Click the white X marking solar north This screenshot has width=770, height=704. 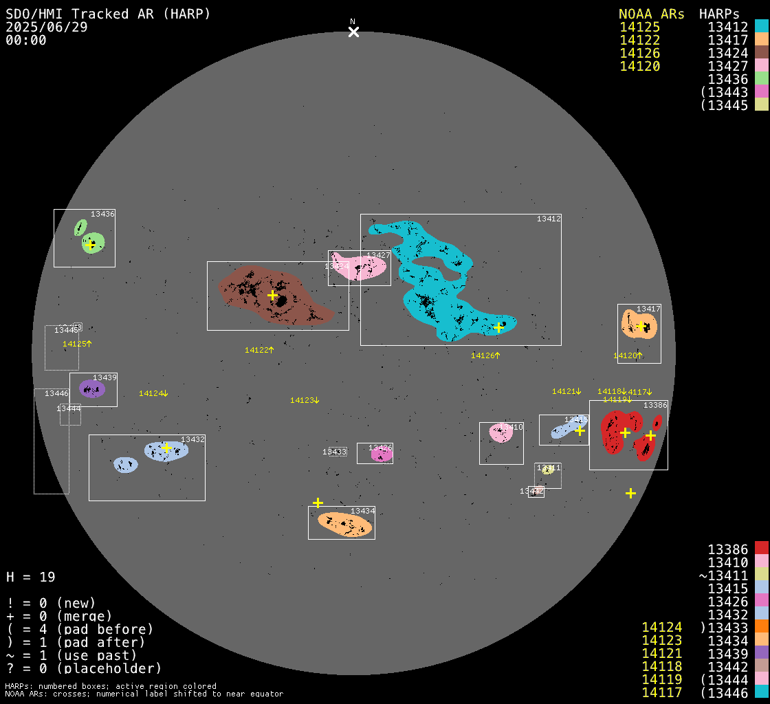click(353, 32)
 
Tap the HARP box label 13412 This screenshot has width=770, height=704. click(549, 219)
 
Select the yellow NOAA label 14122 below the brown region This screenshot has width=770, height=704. click(259, 350)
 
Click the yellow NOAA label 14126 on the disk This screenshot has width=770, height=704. click(485, 355)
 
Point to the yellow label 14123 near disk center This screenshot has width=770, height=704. click(305, 400)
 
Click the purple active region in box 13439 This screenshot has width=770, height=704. click(91, 389)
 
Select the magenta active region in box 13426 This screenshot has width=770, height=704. click(381, 454)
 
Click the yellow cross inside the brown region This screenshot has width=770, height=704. click(272, 296)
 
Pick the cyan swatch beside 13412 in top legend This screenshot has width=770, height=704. click(761, 27)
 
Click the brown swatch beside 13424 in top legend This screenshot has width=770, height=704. click(761, 53)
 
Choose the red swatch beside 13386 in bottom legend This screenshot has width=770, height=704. click(761, 549)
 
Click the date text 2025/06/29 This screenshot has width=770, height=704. click(47, 27)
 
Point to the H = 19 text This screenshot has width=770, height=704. click(31, 577)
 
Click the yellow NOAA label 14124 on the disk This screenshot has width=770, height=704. click(153, 393)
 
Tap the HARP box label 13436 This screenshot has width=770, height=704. click(102, 214)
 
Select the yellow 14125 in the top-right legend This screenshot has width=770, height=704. click(639, 27)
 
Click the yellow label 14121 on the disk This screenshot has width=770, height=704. click(566, 391)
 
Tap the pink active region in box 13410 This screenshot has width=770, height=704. click(500, 433)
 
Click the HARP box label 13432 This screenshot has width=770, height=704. click(192, 439)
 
